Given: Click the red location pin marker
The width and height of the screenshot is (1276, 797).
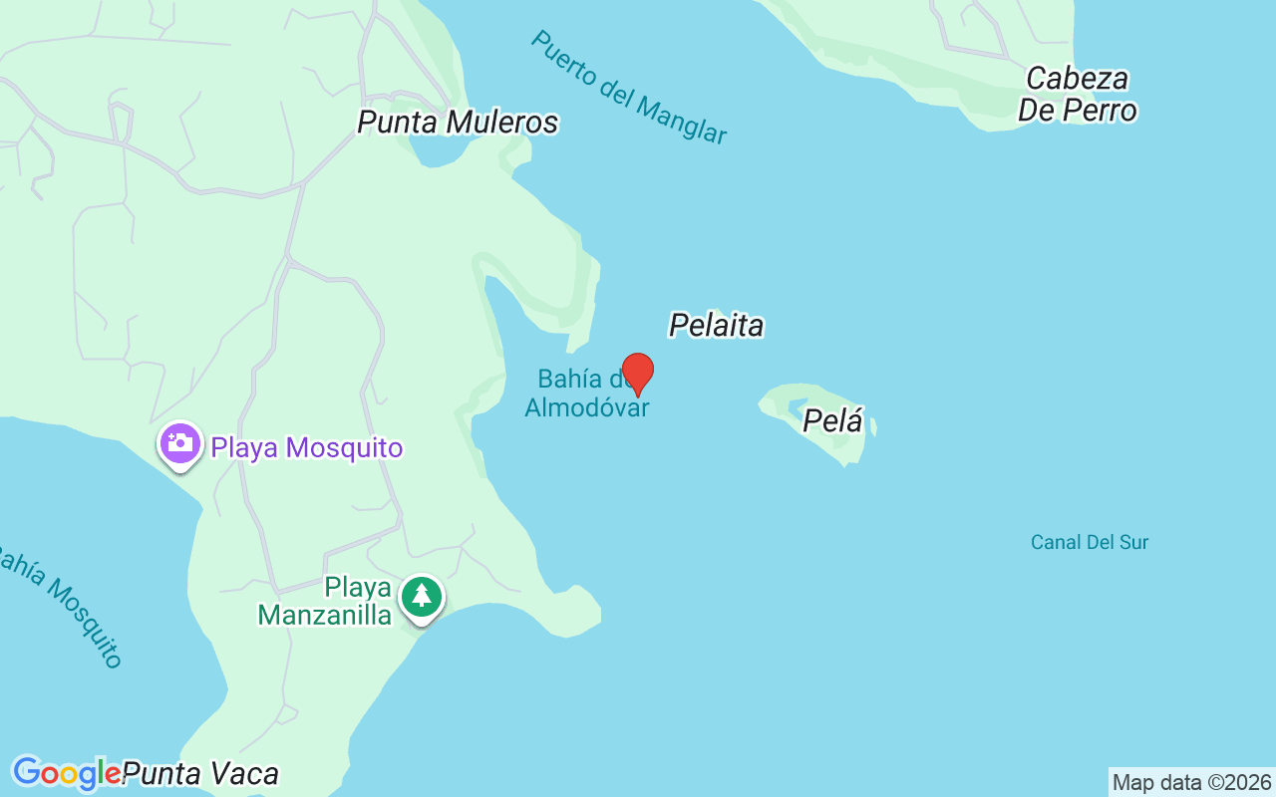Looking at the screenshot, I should [638, 373].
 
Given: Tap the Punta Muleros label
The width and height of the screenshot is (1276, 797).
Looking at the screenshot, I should [458, 122].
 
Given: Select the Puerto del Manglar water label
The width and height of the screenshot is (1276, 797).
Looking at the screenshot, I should [628, 88].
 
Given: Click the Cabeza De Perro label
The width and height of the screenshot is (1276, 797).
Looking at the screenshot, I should [1077, 94].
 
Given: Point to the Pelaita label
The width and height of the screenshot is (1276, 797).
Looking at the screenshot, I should [716, 325].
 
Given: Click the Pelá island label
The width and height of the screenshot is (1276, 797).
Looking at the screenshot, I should [832, 421].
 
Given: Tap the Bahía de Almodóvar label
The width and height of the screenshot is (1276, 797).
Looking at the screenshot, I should [586, 394].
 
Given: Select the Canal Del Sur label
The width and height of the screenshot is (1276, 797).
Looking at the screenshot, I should [1089, 542].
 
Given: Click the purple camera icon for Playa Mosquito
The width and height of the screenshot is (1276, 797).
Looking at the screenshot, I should [179, 444].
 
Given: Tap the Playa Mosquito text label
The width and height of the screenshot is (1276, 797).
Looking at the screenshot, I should [306, 448].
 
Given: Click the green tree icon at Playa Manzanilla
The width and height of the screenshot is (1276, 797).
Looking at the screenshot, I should [422, 597].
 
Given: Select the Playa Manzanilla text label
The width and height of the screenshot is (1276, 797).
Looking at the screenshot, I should [325, 601].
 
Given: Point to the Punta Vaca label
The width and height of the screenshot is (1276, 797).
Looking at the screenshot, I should [200, 773].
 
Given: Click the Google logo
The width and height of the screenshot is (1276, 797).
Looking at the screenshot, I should [66, 773].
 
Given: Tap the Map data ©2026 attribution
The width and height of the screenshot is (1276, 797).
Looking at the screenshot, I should [1191, 782].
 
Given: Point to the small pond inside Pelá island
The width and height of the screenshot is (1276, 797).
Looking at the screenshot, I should [797, 406].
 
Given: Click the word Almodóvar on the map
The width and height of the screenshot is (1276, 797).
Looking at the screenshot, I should [586, 407].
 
